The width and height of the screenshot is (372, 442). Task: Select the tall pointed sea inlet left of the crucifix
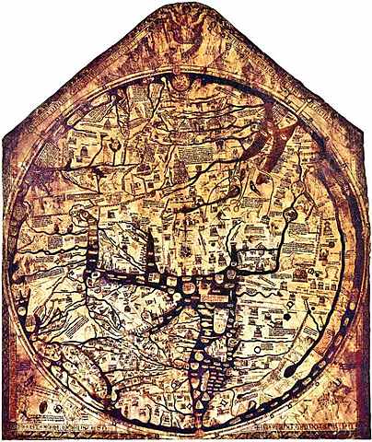click(x=149, y=249)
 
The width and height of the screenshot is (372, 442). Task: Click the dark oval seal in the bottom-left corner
click(x=28, y=405)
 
